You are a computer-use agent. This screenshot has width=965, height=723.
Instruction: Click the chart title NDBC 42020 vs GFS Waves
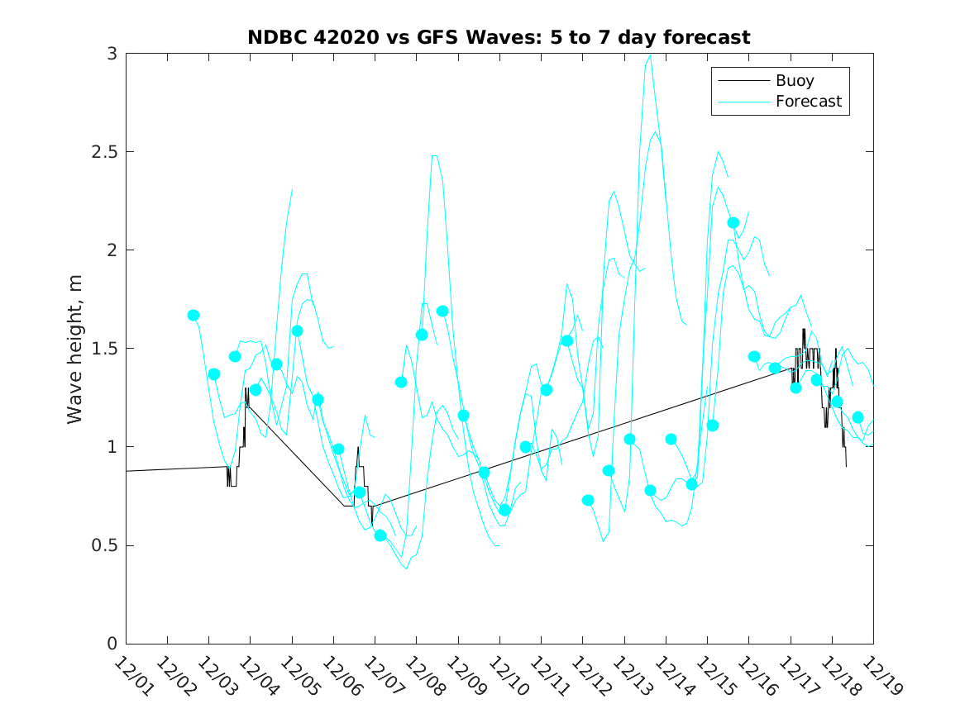pos(499,37)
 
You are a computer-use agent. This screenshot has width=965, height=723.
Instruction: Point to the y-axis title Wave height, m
pos(75,348)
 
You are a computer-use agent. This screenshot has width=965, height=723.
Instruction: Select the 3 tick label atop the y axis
pos(111,54)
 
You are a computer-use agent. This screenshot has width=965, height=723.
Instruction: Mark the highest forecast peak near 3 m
pos(651,55)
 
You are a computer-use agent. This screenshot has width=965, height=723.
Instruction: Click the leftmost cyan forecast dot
pos(193,315)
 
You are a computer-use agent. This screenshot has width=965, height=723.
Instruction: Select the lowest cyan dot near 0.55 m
pos(380,535)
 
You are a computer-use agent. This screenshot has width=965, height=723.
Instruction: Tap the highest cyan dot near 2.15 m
pos(733,222)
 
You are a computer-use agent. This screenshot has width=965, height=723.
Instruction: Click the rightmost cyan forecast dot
pos(858,417)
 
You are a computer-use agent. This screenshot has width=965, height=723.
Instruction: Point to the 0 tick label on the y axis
pos(111,644)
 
